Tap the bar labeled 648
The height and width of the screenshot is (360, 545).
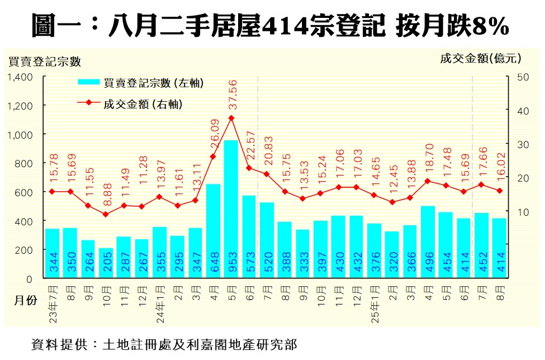click(x=213, y=230)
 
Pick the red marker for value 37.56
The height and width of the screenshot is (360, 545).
click(x=231, y=118)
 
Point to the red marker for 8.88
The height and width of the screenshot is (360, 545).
click(x=106, y=214)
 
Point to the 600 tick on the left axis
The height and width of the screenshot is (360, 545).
click(x=24, y=192)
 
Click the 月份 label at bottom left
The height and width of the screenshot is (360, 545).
click(x=25, y=301)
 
